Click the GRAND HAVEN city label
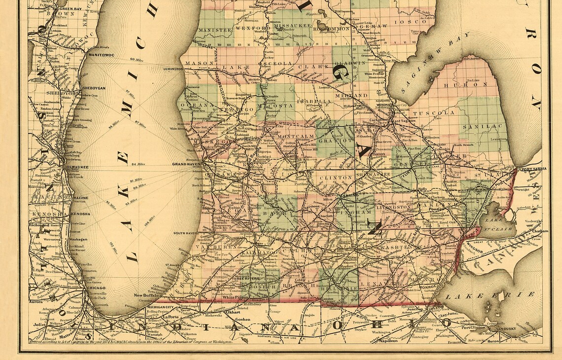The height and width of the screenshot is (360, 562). [x=185, y=164]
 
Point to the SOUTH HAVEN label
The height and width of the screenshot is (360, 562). [x=184, y=233]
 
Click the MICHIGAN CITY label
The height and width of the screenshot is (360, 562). [x=160, y=307]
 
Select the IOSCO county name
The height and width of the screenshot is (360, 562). [x=417, y=22]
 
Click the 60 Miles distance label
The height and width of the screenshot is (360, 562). [x=138, y=60]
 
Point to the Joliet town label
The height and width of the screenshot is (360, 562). [x=38, y=325]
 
